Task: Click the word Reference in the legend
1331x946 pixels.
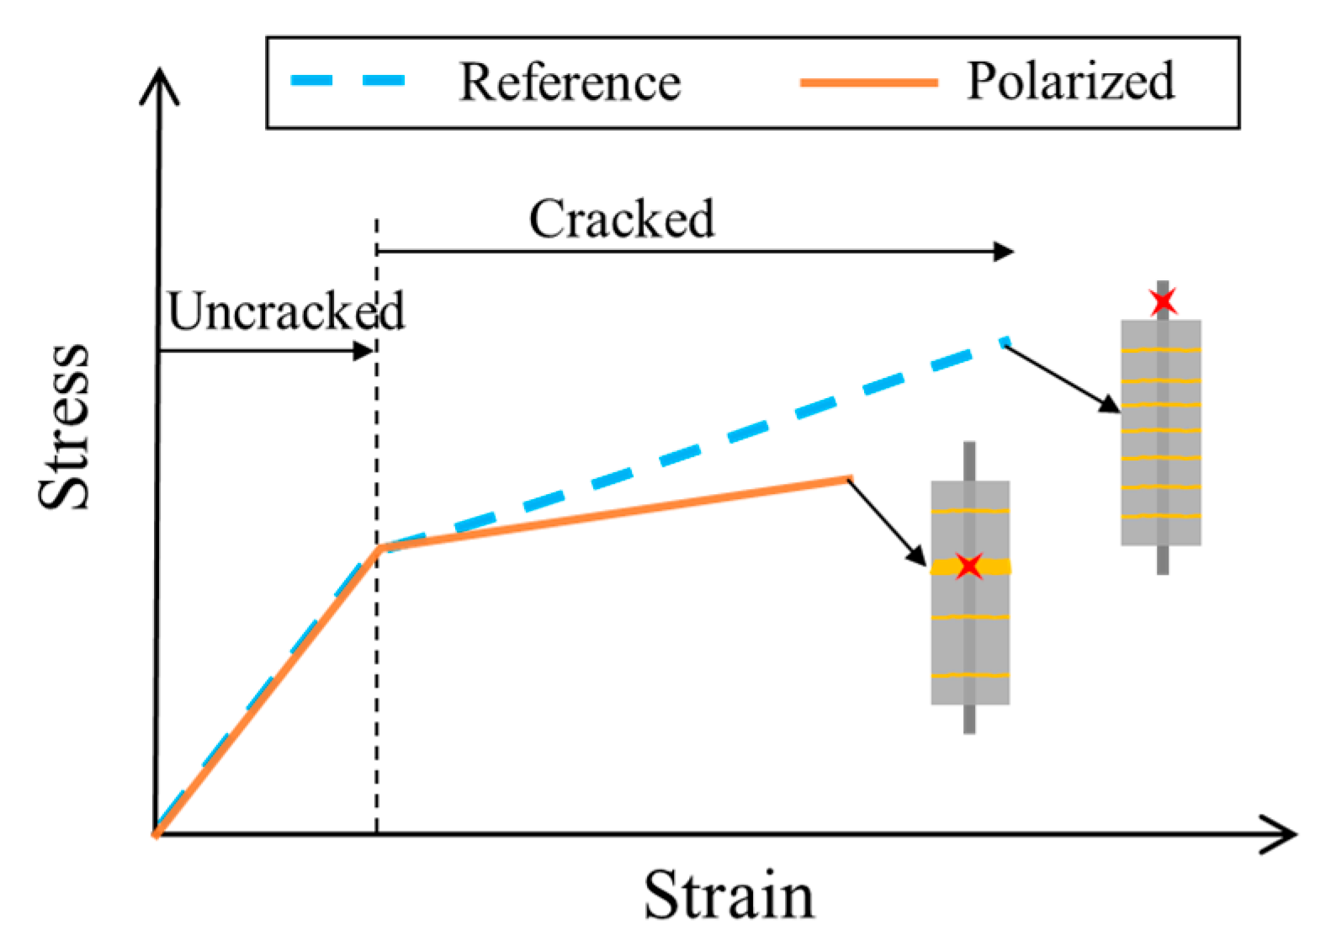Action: coord(570,82)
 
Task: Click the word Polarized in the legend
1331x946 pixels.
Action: coord(1070,82)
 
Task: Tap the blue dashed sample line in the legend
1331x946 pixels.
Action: coord(347,81)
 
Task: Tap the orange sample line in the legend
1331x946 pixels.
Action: coord(868,82)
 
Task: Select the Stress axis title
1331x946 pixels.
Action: coord(64,427)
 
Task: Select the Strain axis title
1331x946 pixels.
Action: coord(729,896)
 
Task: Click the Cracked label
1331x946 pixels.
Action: coord(621,220)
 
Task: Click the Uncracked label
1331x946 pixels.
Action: coord(286,311)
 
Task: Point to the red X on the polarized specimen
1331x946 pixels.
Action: coord(969,566)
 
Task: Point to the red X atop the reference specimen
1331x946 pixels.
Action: coord(1163,300)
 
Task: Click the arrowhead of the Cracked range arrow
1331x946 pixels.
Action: coord(1005,251)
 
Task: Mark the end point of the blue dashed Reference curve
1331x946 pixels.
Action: coord(1005,342)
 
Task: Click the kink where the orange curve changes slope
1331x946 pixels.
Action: coord(379,549)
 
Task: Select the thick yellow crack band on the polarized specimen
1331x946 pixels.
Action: coord(951,568)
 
